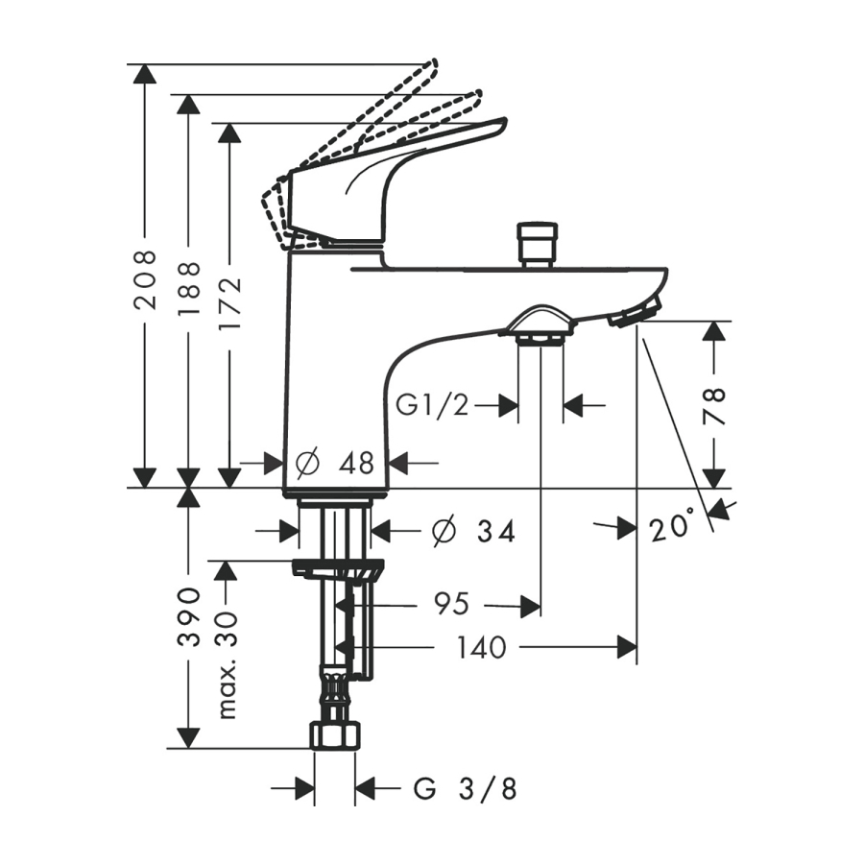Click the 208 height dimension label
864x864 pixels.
(x=145, y=279)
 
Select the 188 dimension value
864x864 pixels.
(x=188, y=288)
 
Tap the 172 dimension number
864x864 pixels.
(x=229, y=304)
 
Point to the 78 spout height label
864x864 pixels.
(x=714, y=406)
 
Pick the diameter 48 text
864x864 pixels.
(x=335, y=465)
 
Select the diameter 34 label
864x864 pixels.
(x=474, y=530)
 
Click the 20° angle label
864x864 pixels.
(x=672, y=527)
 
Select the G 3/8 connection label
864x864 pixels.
(x=466, y=790)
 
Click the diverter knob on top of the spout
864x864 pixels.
(x=538, y=244)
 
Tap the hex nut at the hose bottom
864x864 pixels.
(x=334, y=735)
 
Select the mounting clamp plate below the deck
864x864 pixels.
(x=338, y=569)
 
